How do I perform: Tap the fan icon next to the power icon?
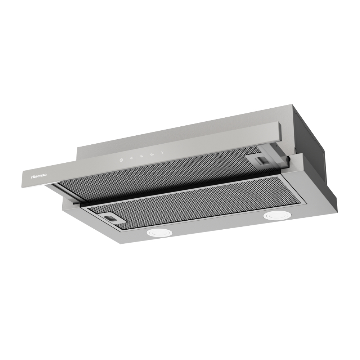pos(132,158)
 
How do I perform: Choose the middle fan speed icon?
pos(142,156)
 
